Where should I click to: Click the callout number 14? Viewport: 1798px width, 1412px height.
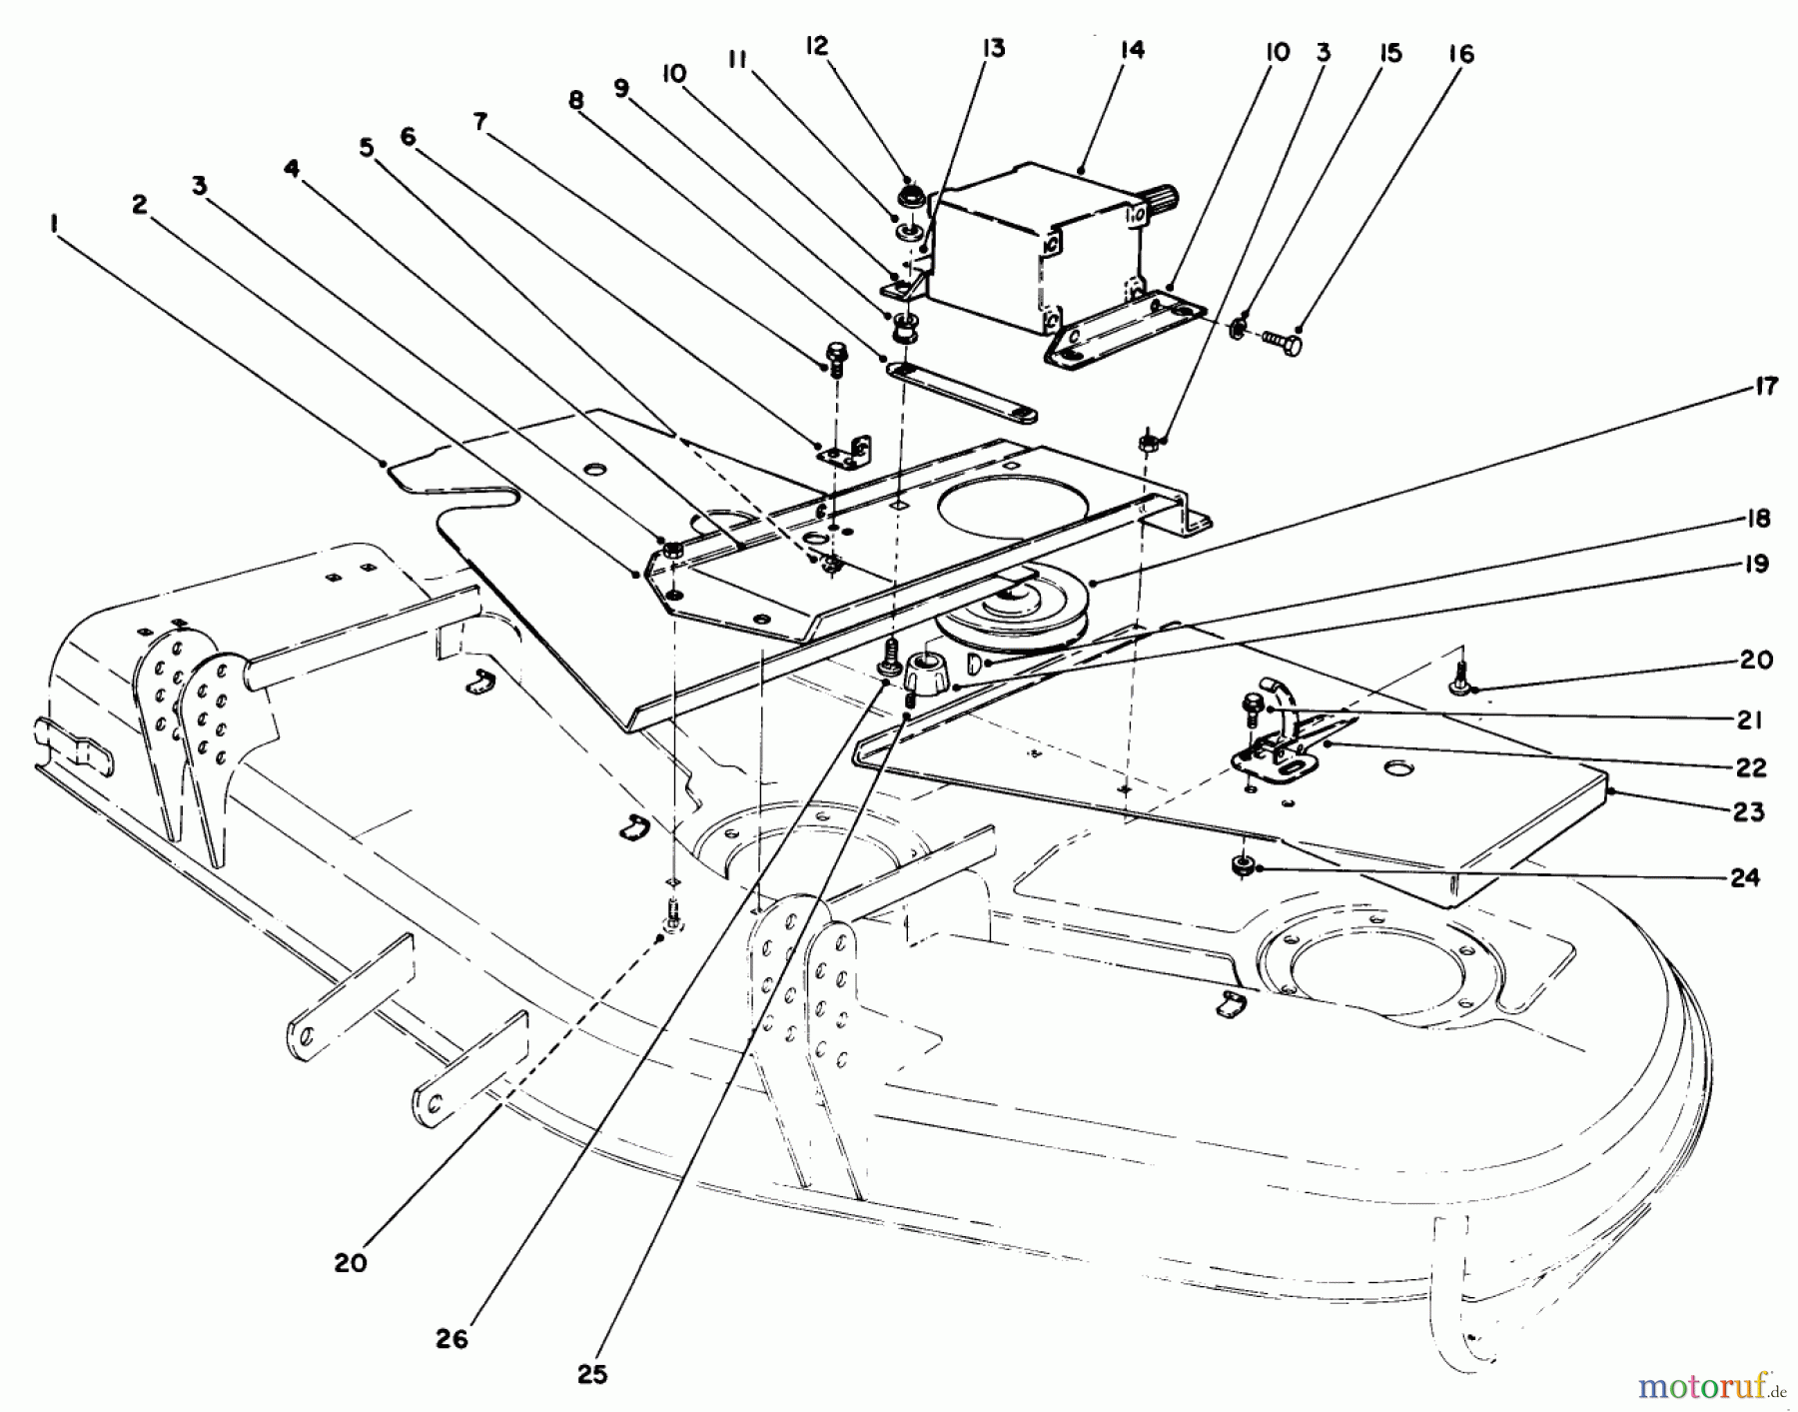(x=1132, y=49)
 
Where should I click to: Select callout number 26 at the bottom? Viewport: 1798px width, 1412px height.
(x=451, y=1338)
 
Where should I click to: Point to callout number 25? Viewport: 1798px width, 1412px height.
(x=592, y=1375)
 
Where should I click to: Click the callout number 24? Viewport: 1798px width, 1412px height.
(x=1744, y=877)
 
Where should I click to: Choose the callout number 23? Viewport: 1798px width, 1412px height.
(x=1747, y=811)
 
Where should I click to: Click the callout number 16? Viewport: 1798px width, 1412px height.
(x=1460, y=54)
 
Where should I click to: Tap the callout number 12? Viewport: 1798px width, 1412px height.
(x=817, y=47)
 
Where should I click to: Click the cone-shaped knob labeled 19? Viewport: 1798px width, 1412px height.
(x=924, y=671)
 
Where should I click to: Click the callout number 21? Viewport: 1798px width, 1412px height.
(x=1748, y=719)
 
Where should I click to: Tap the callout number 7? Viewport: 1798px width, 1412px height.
(x=480, y=122)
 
